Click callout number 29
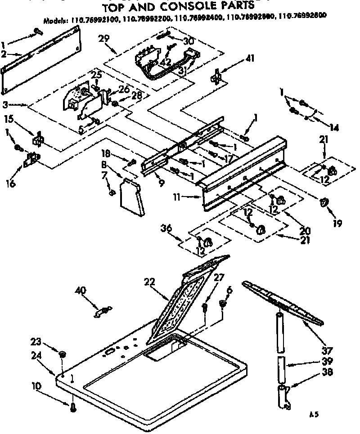click(x=104, y=39)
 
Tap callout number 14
click(x=333, y=127)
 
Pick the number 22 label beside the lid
click(x=150, y=282)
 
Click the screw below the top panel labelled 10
click(x=73, y=407)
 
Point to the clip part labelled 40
click(x=103, y=311)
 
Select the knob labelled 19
click(x=324, y=203)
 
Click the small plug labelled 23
click(x=62, y=355)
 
